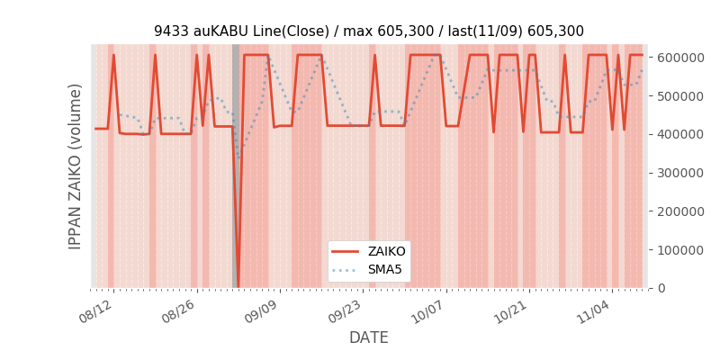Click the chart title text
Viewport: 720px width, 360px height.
pos(368,31)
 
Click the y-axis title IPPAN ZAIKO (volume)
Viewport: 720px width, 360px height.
pos(76,166)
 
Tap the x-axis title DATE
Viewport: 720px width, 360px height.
pos(368,337)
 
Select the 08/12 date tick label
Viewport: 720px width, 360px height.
pos(96,312)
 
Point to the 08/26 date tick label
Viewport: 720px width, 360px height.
pos(179,312)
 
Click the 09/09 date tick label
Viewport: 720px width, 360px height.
pos(262,312)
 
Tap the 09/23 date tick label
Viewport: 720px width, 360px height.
pos(346,312)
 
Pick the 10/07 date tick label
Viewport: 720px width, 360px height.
pos(428,312)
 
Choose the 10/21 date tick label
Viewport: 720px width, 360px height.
pos(511,312)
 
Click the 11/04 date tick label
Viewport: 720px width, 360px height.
pos(595,312)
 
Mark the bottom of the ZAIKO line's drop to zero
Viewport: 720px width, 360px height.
pos(238,286)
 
